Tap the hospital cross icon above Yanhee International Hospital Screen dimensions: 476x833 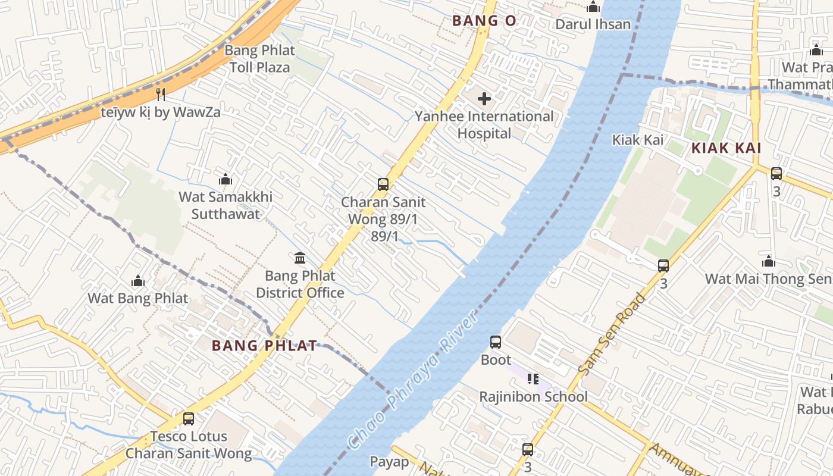[x=484, y=98]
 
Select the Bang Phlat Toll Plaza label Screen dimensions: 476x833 [x=260, y=59]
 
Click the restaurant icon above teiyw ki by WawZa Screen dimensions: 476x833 [x=160, y=94]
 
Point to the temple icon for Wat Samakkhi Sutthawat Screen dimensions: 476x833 [x=226, y=179]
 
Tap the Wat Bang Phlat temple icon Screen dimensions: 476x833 [x=138, y=281]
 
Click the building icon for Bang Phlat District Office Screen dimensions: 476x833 [x=300, y=258]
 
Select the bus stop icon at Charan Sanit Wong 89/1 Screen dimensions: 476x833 [x=383, y=184]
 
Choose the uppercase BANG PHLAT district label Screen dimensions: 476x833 [x=264, y=346]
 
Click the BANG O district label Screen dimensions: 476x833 [x=484, y=21]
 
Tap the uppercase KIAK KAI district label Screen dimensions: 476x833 [x=726, y=149]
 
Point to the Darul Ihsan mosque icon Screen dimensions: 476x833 [x=593, y=7]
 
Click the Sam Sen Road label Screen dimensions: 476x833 [x=612, y=334]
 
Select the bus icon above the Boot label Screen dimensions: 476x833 [x=496, y=342]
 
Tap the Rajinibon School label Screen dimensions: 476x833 [x=533, y=396]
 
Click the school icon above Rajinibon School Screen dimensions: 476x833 [x=533, y=378]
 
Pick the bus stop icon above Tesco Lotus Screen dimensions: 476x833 [x=189, y=418]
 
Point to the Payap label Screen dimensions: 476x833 [x=390, y=462]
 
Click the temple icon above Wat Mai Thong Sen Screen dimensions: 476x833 [x=769, y=261]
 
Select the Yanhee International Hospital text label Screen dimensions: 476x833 [x=484, y=125]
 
